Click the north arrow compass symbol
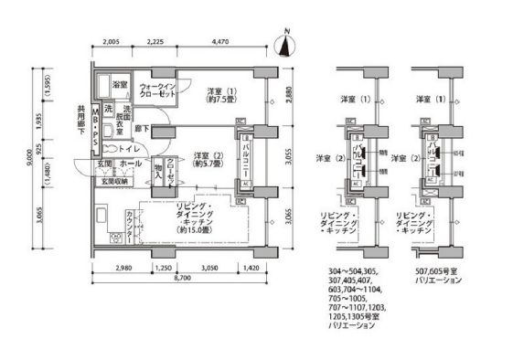pyautogui.click(x=286, y=41)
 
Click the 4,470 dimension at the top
pyautogui.click(x=219, y=42)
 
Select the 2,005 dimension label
pyautogui.click(x=112, y=42)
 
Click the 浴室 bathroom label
pyautogui.click(x=121, y=85)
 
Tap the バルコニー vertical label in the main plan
pyautogui.click(x=247, y=159)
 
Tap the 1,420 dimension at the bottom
pyautogui.click(x=252, y=270)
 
